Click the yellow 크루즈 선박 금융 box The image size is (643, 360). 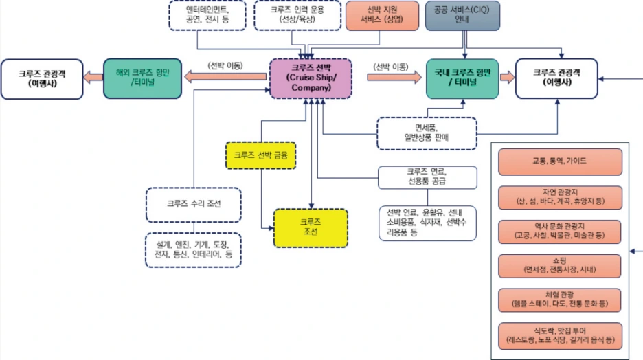260,155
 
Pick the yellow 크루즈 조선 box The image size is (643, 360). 311,227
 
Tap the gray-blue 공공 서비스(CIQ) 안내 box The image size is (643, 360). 462,15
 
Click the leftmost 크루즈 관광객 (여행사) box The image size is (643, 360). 41,78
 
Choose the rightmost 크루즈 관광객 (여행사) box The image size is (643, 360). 556,78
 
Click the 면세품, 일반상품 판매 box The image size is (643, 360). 427,133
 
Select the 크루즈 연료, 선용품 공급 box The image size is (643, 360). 427,177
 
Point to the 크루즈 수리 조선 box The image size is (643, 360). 193,204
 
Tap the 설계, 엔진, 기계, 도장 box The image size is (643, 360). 193,249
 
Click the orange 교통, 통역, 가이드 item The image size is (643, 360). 561,161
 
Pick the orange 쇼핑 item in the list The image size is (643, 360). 561,265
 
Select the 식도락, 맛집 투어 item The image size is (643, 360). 561,335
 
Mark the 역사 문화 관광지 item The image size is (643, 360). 561,230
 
